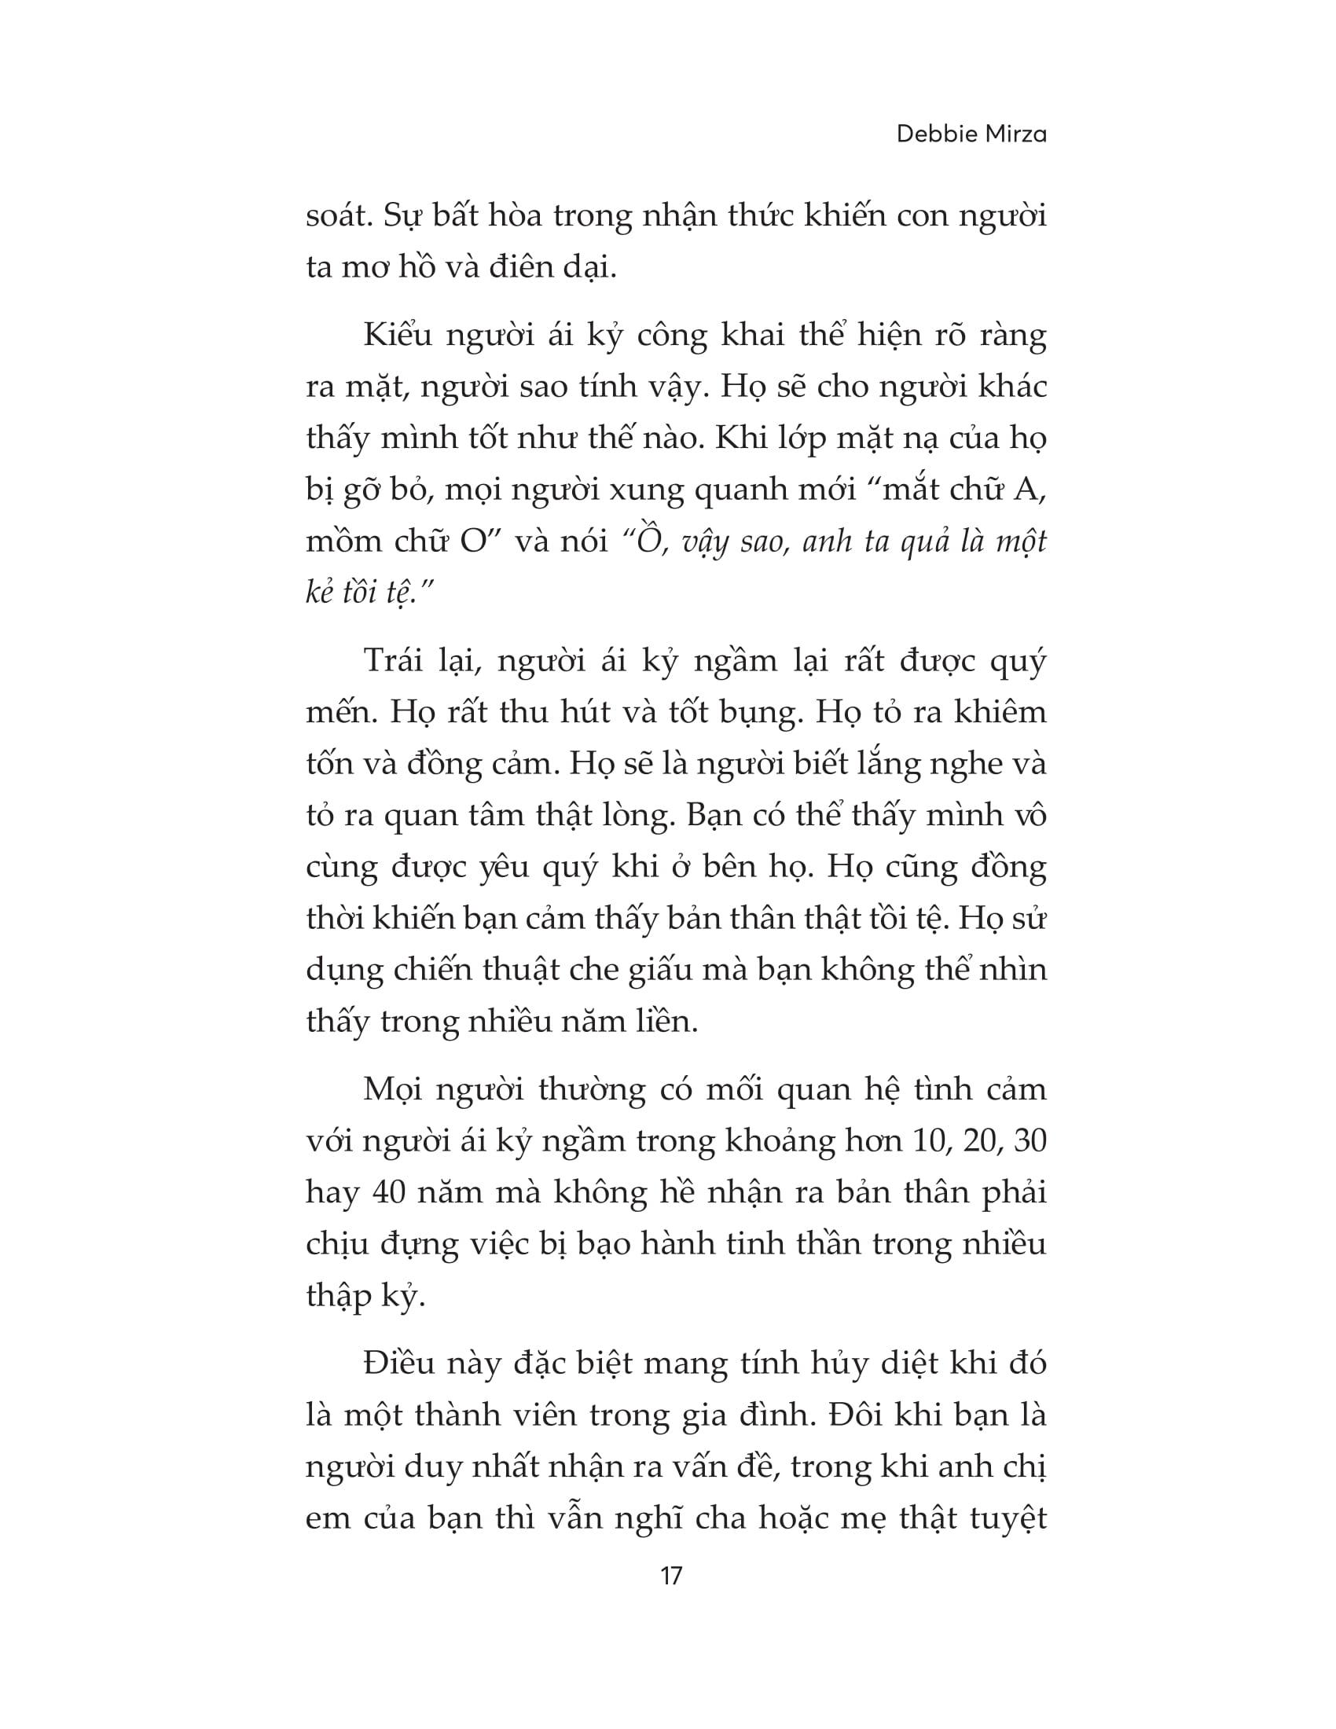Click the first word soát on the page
[x=338, y=216]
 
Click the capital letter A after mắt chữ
[x=1028, y=490]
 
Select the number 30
[x=1029, y=1141]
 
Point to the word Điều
[x=400, y=1364]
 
